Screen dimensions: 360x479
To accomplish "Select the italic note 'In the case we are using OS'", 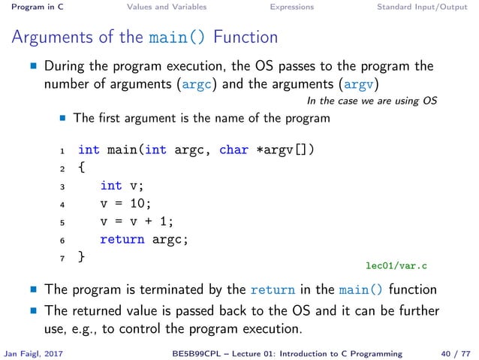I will click(372, 101).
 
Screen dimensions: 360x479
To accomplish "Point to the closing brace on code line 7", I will click(82, 257).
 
